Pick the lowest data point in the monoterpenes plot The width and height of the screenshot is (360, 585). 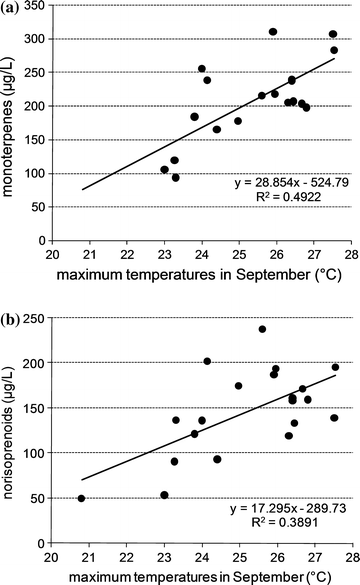175,177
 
